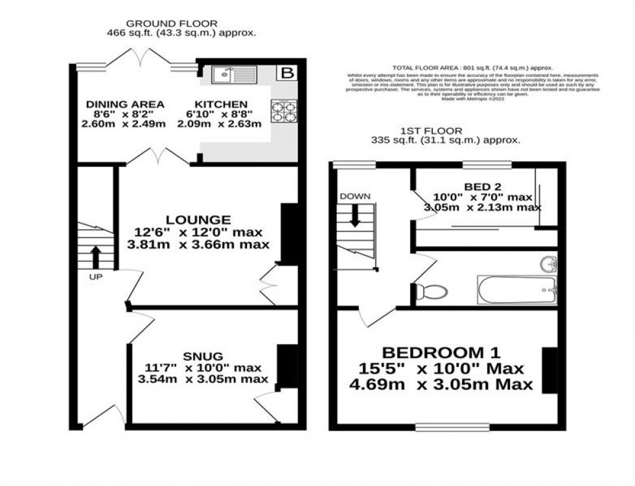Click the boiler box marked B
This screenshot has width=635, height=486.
point(286,72)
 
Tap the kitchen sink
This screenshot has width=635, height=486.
point(233,75)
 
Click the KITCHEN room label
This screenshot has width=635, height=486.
point(222,105)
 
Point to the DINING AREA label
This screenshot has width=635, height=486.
point(125,105)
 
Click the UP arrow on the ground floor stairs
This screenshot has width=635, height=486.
point(97,256)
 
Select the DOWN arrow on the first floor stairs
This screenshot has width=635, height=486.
point(354,214)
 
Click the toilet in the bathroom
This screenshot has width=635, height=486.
point(431,291)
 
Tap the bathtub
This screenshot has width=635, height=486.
point(516,290)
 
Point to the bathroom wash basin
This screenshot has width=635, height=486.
point(548,263)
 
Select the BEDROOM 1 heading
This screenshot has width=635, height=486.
point(441,353)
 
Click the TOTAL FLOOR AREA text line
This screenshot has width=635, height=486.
point(472,67)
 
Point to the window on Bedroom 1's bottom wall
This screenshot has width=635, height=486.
point(452,427)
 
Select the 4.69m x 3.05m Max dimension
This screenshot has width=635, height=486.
point(448,384)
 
